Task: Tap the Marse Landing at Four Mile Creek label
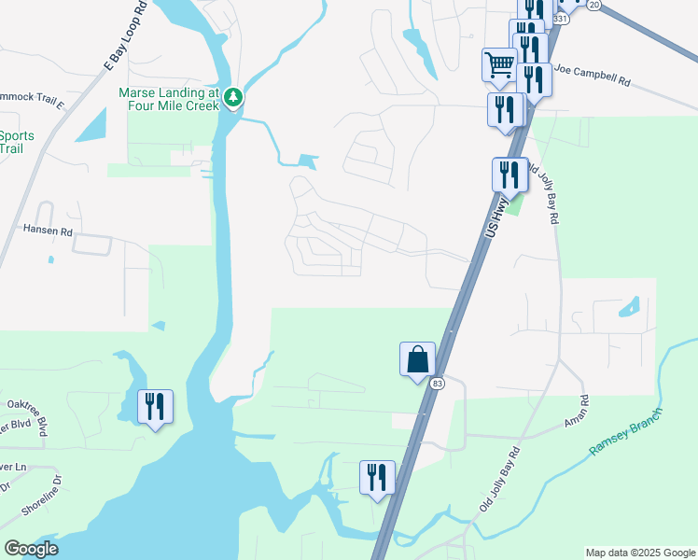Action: [x=168, y=99]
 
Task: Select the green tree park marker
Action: [x=233, y=96]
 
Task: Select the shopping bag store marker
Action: [x=417, y=357]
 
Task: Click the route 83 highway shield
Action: [x=437, y=383]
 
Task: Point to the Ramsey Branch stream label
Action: [x=624, y=432]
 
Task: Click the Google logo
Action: [x=31, y=549]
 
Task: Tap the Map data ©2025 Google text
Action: [x=639, y=553]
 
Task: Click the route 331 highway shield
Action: [x=559, y=18]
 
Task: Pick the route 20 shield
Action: [x=594, y=5]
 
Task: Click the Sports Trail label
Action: [x=17, y=142]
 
